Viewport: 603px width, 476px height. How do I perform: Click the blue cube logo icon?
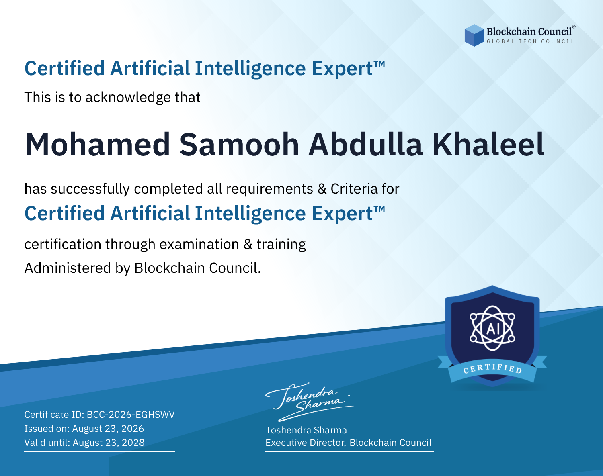pyautogui.click(x=474, y=35)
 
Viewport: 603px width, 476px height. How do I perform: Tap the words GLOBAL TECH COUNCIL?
pyautogui.click(x=530, y=41)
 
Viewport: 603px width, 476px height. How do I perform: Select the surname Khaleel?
pyautogui.click(x=488, y=145)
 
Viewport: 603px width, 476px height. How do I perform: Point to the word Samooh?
pyautogui.click(x=239, y=145)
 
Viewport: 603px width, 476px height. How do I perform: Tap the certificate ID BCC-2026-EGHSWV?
pyautogui.click(x=131, y=415)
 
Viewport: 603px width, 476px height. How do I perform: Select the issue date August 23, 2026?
pyautogui.click(x=108, y=429)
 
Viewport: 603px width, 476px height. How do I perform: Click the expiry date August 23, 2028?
pyautogui.click(x=109, y=443)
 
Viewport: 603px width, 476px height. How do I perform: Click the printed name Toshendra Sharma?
pyautogui.click(x=306, y=430)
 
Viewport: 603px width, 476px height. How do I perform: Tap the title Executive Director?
pyautogui.click(x=305, y=443)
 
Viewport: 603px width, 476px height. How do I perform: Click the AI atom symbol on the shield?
pyautogui.click(x=492, y=328)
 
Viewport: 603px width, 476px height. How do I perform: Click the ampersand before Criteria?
pyautogui.click(x=322, y=189)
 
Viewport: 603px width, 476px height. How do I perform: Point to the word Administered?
pyautogui.click(x=68, y=268)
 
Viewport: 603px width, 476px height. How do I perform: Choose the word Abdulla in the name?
pyautogui.click(x=365, y=145)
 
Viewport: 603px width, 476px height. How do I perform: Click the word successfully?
pyautogui.click(x=90, y=189)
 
